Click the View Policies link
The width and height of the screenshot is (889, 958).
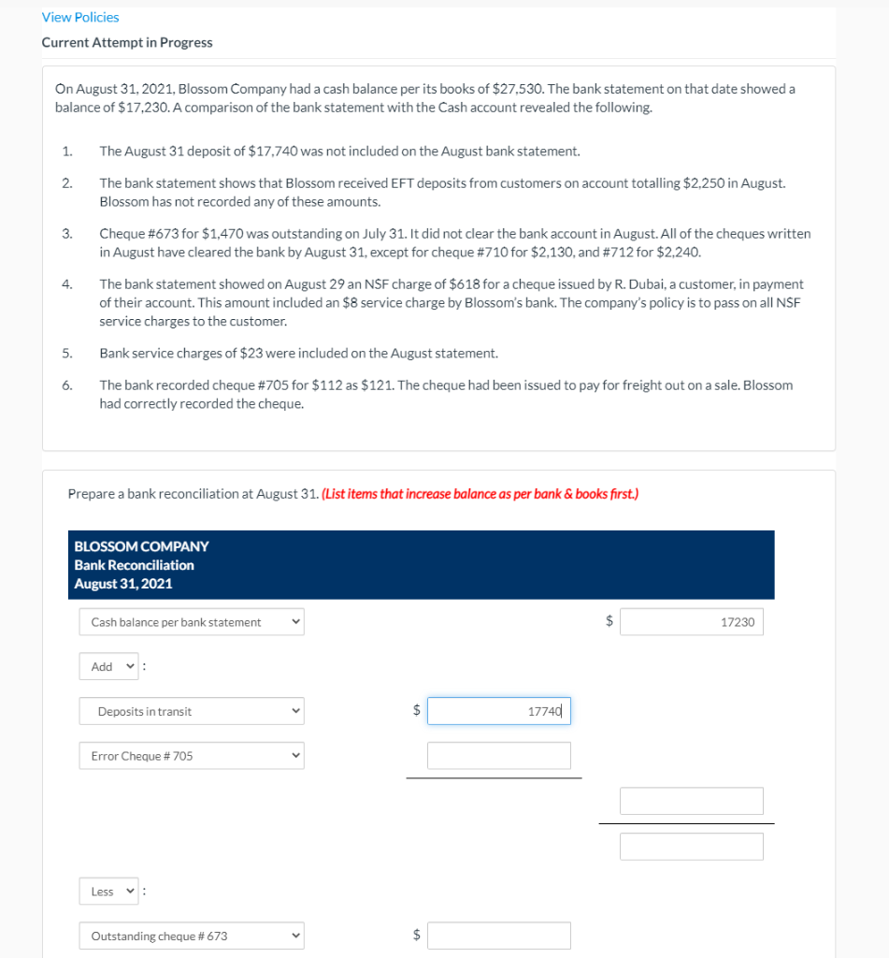[80, 17]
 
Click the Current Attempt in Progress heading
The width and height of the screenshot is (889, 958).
[126, 42]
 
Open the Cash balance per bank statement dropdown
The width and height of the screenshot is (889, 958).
[192, 622]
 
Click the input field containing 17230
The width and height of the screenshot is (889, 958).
[691, 622]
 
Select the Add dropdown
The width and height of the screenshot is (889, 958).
[108, 667]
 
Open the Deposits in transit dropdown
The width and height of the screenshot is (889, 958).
[192, 712]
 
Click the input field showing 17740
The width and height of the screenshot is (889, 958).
[498, 711]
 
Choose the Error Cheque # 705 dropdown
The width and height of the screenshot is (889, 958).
[192, 756]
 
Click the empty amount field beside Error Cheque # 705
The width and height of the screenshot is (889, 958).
[498, 756]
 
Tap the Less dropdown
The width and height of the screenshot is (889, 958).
[108, 892]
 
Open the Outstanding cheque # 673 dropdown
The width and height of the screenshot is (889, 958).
[192, 936]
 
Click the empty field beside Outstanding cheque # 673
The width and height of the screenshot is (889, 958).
[498, 936]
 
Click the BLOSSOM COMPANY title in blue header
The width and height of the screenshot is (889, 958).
[141, 546]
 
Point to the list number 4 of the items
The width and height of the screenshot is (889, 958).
[66, 283]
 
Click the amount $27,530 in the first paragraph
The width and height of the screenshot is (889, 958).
[518, 89]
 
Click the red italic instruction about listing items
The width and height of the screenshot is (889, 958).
[480, 494]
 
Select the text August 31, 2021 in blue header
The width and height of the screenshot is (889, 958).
[122, 584]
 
